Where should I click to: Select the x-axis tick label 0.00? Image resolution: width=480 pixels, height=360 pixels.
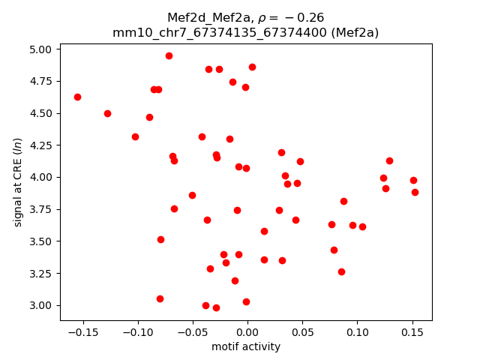[x=247, y=332]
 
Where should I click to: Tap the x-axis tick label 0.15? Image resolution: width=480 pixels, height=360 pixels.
[x=412, y=332]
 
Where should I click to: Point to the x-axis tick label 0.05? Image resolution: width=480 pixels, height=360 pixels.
[x=302, y=332]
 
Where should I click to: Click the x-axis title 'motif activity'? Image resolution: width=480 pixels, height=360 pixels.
[x=246, y=346]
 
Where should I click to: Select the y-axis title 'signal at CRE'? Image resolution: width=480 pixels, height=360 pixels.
[x=19, y=177]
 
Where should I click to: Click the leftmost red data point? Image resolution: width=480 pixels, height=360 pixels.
[x=77, y=97]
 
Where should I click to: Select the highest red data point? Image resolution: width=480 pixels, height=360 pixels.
[x=169, y=55]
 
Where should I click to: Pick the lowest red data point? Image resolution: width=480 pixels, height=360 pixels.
[x=216, y=307]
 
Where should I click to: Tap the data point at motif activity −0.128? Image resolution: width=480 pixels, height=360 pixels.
[x=107, y=113]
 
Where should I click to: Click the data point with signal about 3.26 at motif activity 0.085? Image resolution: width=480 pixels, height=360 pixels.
[x=341, y=271]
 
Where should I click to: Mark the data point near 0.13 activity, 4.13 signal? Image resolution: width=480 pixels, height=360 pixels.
[x=389, y=160]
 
